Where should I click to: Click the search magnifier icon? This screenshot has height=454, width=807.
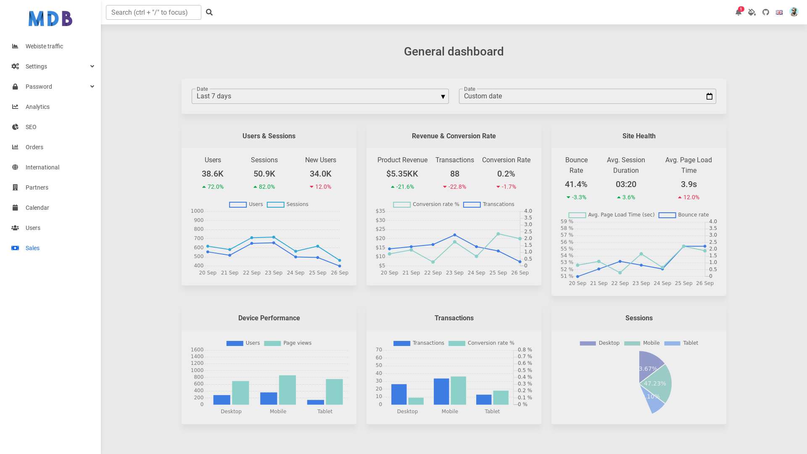209,12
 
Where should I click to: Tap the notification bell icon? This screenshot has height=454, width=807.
738,12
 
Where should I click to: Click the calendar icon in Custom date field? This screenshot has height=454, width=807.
709,96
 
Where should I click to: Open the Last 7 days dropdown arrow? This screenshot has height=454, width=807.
443,97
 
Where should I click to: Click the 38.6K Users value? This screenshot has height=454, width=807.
213,174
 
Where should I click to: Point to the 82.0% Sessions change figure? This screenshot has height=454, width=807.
264,187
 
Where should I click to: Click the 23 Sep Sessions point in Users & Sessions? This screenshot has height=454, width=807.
274,237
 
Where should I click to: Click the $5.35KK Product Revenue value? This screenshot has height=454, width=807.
402,174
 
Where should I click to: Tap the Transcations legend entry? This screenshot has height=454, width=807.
488,204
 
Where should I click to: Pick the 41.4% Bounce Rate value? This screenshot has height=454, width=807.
576,184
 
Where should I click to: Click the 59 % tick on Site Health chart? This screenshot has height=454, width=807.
567,222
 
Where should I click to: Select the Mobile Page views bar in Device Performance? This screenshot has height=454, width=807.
287,390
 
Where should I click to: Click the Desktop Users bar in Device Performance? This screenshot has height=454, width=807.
222,400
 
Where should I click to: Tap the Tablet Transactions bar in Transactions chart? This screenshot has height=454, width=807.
484,400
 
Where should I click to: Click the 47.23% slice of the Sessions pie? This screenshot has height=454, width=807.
658,383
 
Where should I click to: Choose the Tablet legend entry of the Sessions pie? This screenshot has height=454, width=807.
681,343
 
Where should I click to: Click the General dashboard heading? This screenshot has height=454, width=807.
454,51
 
